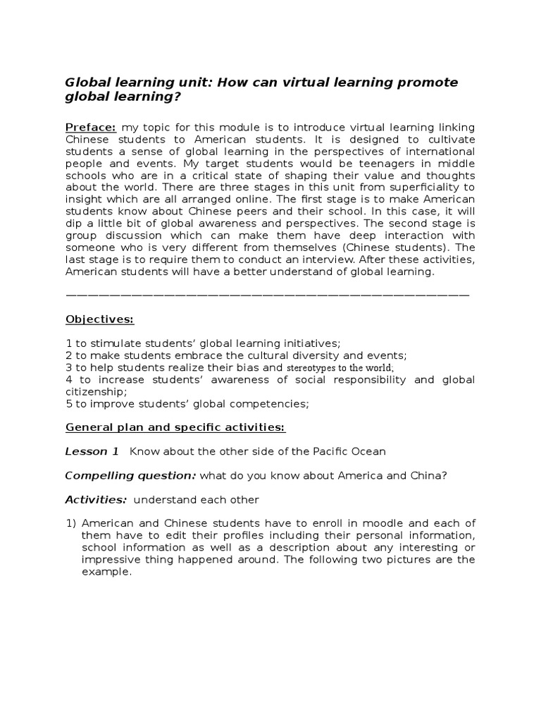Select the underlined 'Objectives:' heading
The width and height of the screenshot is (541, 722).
tap(99, 319)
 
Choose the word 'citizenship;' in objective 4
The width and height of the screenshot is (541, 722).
tap(97, 391)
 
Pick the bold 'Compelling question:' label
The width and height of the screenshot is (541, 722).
tap(131, 475)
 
